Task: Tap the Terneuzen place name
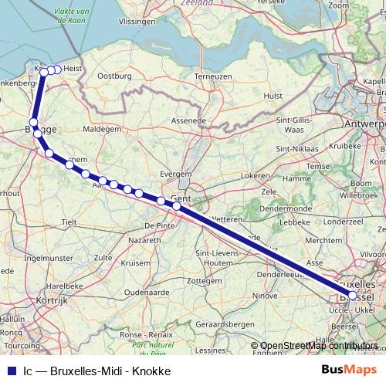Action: (x=214, y=76)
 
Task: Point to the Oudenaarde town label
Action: (x=147, y=293)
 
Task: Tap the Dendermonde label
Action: (x=285, y=208)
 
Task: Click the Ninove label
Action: (x=265, y=295)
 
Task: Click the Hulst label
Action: (x=273, y=96)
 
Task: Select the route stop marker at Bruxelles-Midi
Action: (x=352, y=296)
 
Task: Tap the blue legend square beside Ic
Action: (x=11, y=371)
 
